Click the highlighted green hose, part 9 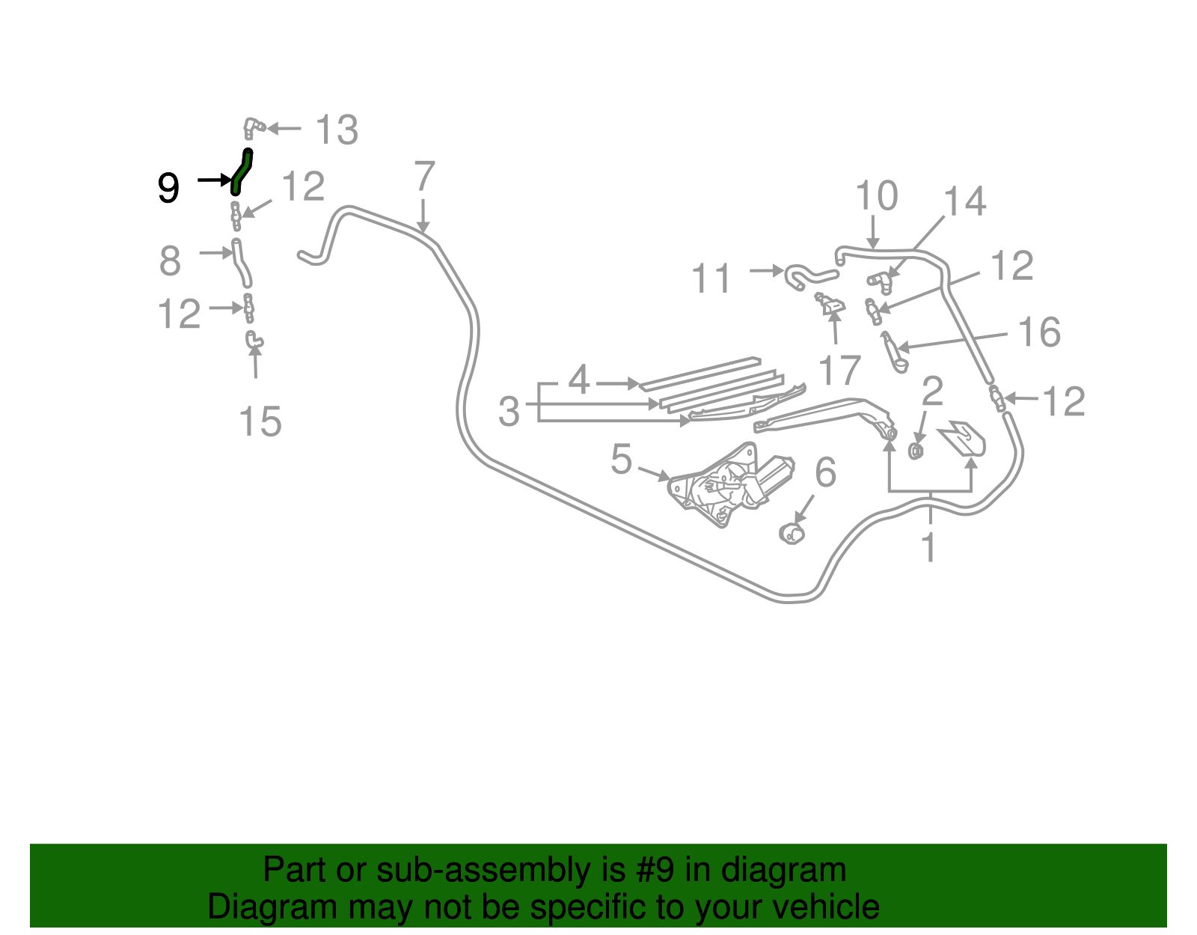(242, 172)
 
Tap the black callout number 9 (168, 188)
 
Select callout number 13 (337, 130)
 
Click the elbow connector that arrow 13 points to (254, 128)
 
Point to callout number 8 (170, 261)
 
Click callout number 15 (260, 421)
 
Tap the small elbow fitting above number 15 (254, 340)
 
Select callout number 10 (876, 195)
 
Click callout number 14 (964, 201)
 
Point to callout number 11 (711, 278)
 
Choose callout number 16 (1039, 332)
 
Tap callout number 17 (839, 371)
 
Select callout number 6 (825, 472)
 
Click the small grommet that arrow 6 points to (792, 533)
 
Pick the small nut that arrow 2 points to (916, 451)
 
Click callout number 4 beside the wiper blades (579, 380)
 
